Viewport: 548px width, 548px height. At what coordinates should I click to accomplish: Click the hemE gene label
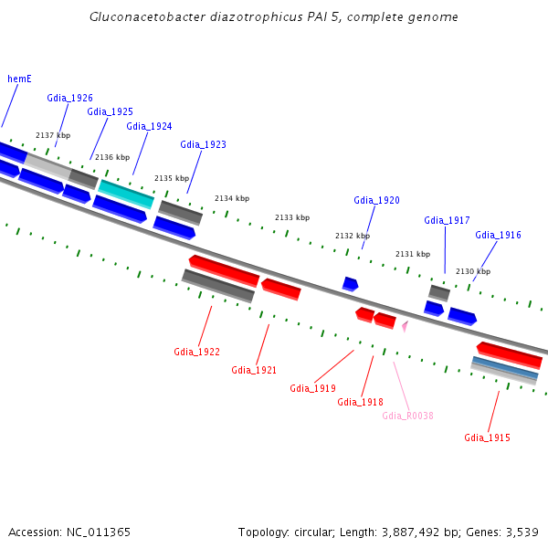coord(19,79)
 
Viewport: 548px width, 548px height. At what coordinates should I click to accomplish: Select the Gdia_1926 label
coord(70,98)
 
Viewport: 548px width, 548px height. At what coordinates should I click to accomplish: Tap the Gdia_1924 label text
coord(149,126)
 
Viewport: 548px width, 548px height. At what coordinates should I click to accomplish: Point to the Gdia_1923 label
coord(203,144)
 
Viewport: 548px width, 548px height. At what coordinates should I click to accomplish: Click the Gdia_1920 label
coord(376,200)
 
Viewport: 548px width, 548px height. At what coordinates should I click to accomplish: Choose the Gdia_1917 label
coord(447,220)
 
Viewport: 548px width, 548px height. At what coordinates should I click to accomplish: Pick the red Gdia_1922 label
coord(196,352)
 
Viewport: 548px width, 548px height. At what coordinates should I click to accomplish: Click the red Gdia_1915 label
coord(487,437)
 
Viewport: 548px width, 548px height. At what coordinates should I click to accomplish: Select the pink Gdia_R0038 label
coord(407,416)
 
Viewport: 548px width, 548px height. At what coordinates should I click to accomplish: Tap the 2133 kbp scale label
coord(292,217)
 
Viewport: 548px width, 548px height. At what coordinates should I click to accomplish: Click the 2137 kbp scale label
coord(53,135)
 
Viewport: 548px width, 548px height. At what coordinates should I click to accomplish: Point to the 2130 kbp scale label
coord(473,271)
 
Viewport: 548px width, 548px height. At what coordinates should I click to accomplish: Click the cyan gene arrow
coord(126,193)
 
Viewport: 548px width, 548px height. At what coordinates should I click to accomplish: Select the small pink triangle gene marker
coord(404,324)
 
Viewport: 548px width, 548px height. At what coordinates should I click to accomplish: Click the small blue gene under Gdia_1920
coord(350,284)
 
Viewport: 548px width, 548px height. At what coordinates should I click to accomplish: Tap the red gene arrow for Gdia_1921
coord(281,289)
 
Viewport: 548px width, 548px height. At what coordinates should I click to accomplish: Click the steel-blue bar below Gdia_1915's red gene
coord(505,369)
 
